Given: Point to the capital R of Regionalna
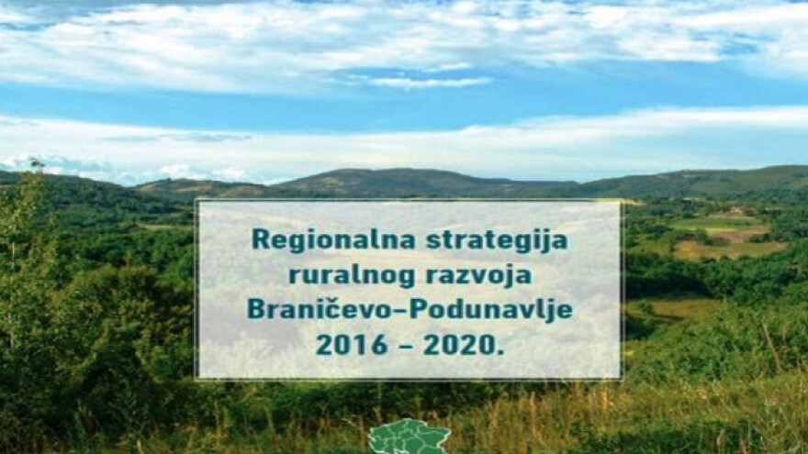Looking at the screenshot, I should (x=260, y=240).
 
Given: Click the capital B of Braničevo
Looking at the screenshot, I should (x=255, y=310).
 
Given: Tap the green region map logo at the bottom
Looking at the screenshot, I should (x=409, y=438).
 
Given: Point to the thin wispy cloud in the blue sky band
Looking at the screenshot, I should (x=430, y=82).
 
